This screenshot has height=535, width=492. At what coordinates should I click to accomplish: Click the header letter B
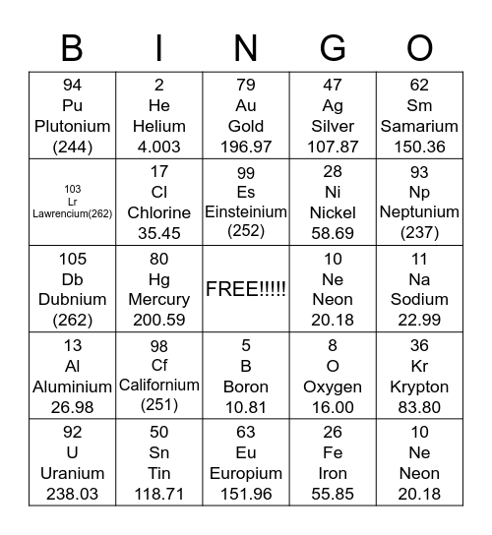click(x=72, y=47)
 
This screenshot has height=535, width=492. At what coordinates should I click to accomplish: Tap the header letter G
click(x=333, y=47)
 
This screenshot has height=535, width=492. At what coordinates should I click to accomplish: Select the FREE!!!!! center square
click(x=246, y=289)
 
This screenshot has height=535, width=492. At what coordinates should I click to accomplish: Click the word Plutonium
click(x=72, y=126)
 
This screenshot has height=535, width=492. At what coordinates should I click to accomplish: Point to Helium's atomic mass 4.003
click(x=159, y=147)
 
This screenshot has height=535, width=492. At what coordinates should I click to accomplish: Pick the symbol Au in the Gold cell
click(x=246, y=105)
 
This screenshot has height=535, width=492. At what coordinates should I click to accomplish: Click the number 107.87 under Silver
click(x=333, y=147)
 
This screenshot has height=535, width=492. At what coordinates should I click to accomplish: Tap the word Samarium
click(x=419, y=126)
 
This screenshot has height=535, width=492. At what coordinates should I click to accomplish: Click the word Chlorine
click(x=159, y=212)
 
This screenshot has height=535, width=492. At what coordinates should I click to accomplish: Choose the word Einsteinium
click(x=246, y=211)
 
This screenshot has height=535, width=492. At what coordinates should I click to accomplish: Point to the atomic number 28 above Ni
click(x=333, y=172)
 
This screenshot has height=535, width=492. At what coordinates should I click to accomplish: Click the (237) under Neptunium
click(x=419, y=232)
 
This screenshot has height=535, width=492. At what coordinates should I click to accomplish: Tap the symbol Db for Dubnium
click(x=72, y=278)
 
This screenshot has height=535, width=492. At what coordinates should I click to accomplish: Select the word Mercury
click(x=159, y=299)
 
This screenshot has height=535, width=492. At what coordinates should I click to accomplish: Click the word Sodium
click(x=419, y=299)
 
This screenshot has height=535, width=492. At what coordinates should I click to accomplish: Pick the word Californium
click(x=159, y=385)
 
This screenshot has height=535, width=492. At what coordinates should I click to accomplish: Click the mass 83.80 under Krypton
click(x=419, y=407)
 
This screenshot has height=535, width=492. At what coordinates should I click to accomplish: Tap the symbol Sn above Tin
click(x=159, y=452)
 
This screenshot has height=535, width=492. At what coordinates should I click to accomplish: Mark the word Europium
click(x=246, y=473)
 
